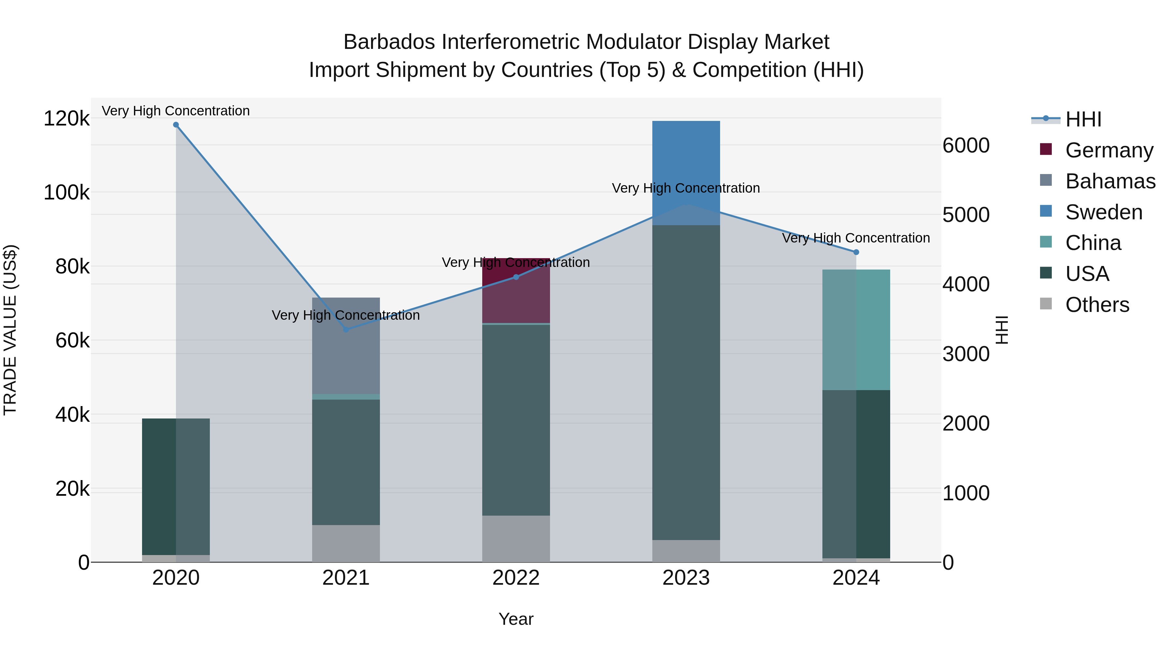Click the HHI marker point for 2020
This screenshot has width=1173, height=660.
[x=176, y=125]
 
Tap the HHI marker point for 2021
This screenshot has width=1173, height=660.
[x=346, y=329]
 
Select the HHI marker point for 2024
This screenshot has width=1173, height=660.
[x=856, y=252]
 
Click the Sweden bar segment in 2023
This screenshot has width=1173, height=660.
[x=686, y=173]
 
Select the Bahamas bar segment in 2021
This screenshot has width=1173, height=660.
[x=346, y=346]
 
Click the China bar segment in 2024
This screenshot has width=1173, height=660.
[x=856, y=330]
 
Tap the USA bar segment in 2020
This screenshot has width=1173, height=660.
[x=176, y=487]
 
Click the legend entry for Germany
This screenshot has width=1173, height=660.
[x=1109, y=150]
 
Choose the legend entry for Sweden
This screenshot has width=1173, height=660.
[x=1104, y=212]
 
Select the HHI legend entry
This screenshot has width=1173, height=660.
[x=1083, y=119]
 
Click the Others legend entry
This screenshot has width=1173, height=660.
[x=1097, y=304]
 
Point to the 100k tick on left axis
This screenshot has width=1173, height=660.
[x=66, y=193]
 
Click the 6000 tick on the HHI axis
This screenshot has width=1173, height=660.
[x=966, y=146]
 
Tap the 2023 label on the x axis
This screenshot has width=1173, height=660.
[x=686, y=578]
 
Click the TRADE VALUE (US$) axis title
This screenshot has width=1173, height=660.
[x=10, y=330]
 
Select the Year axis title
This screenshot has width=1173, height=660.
[x=516, y=619]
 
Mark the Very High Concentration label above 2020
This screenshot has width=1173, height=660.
[x=176, y=111]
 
